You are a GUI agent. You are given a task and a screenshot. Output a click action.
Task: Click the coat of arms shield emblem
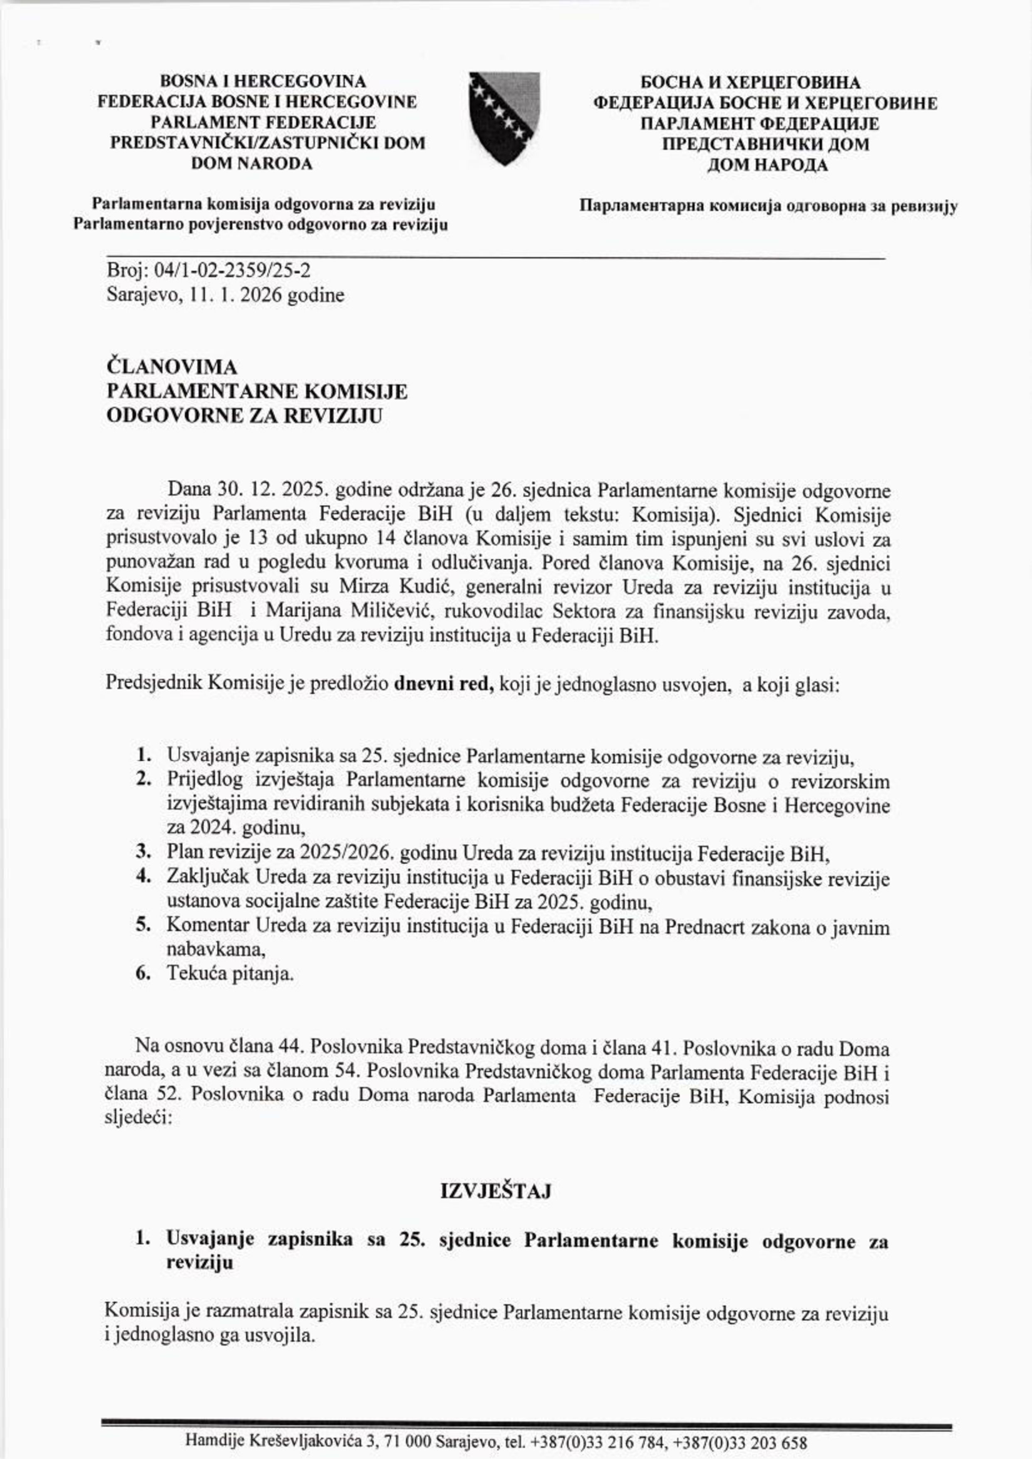(x=504, y=118)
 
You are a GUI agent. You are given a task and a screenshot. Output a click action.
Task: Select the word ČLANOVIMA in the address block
(x=172, y=367)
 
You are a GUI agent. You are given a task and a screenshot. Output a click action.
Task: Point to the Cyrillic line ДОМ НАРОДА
(x=767, y=165)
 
